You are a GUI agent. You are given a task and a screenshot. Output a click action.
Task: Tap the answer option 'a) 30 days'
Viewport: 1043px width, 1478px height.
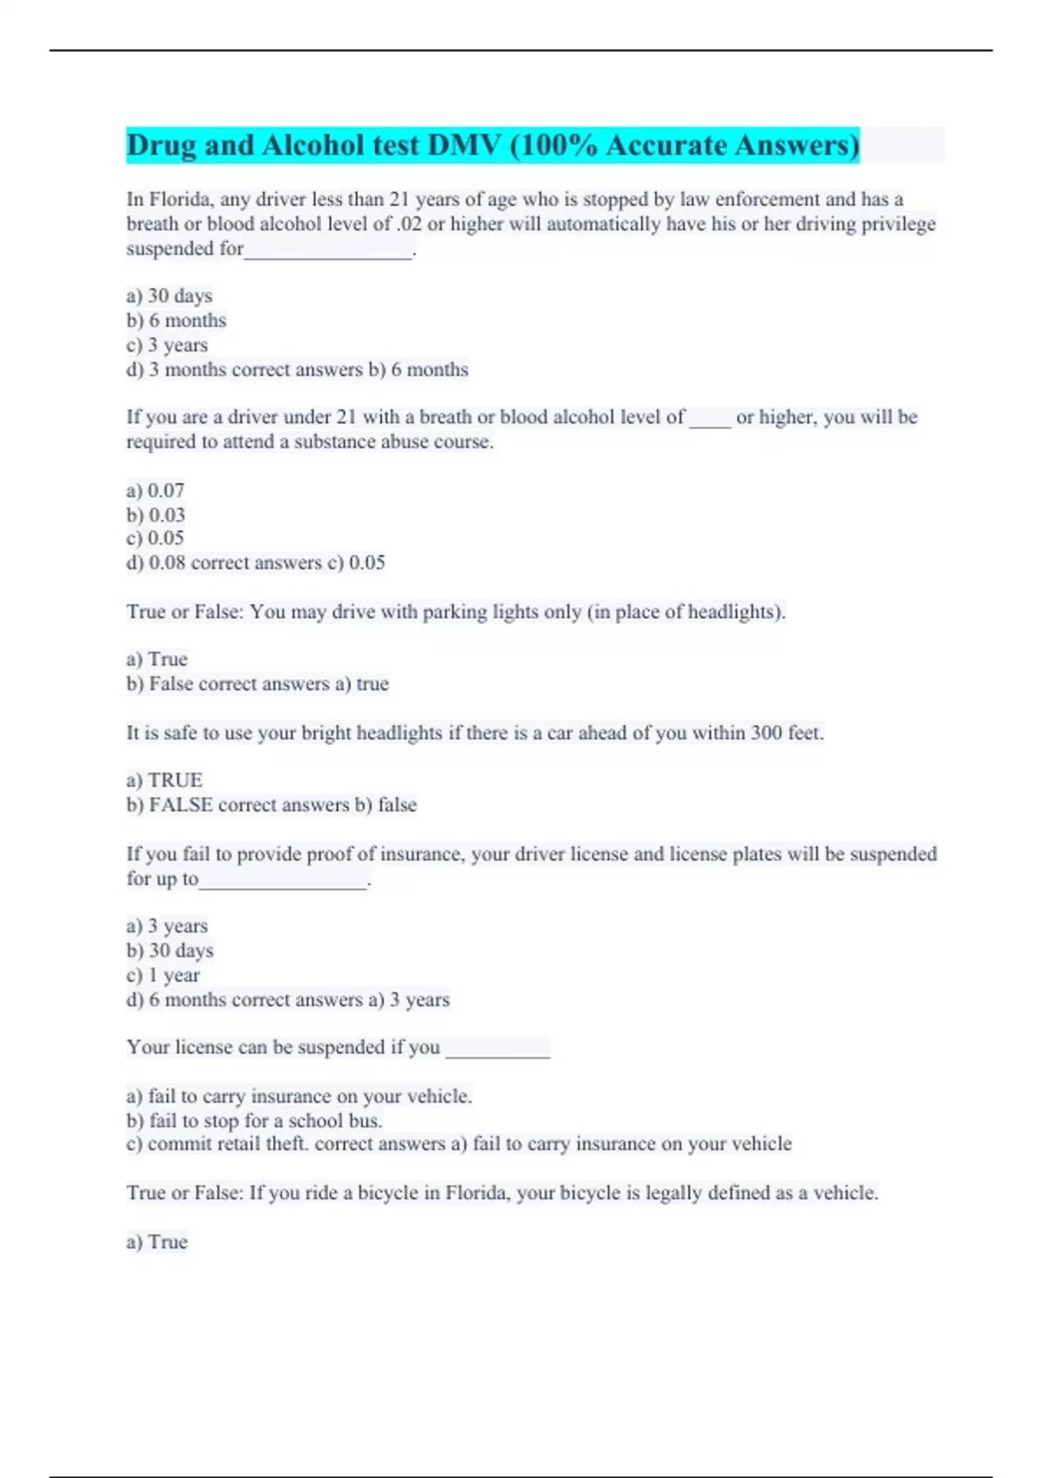tap(169, 296)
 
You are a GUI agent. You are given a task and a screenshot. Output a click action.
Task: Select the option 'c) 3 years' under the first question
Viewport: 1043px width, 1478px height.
tap(167, 345)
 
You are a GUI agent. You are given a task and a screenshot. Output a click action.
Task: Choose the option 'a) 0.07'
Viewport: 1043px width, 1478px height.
tap(156, 490)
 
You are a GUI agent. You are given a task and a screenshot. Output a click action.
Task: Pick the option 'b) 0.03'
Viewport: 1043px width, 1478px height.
tap(156, 515)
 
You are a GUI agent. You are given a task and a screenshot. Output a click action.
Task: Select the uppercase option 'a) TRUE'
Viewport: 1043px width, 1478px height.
tap(164, 780)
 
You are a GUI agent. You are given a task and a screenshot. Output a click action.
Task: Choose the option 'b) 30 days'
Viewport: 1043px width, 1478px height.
tap(169, 950)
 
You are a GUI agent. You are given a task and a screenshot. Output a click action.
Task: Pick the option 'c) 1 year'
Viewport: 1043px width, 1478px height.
tap(163, 975)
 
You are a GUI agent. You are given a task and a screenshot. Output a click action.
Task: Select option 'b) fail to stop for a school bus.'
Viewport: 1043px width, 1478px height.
tap(255, 1121)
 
